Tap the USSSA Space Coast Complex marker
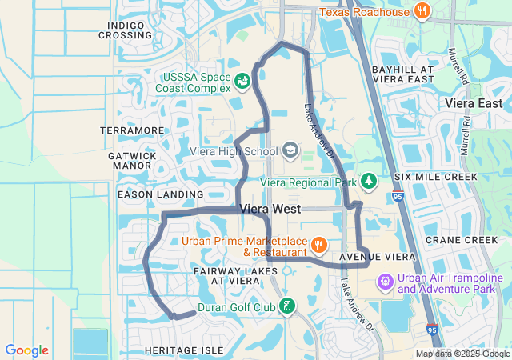(x=241, y=80)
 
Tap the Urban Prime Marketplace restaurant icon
(x=319, y=246)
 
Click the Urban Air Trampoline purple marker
(x=386, y=282)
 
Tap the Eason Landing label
(x=160, y=194)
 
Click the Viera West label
(x=270, y=210)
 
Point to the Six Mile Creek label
(x=435, y=176)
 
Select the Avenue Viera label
(x=378, y=257)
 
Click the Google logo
(x=26, y=350)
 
